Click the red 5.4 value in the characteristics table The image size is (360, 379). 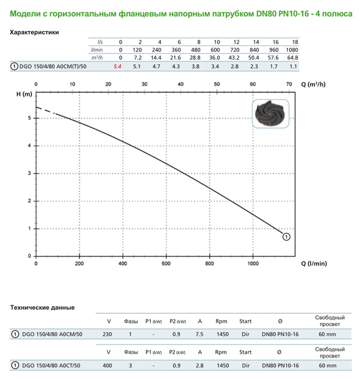click(x=118, y=66)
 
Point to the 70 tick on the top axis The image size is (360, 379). click(x=289, y=84)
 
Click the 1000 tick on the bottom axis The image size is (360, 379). click(x=253, y=263)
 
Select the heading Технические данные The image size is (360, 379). click(x=43, y=308)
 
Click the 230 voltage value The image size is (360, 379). click(x=109, y=335)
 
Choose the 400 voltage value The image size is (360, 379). click(x=109, y=366)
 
